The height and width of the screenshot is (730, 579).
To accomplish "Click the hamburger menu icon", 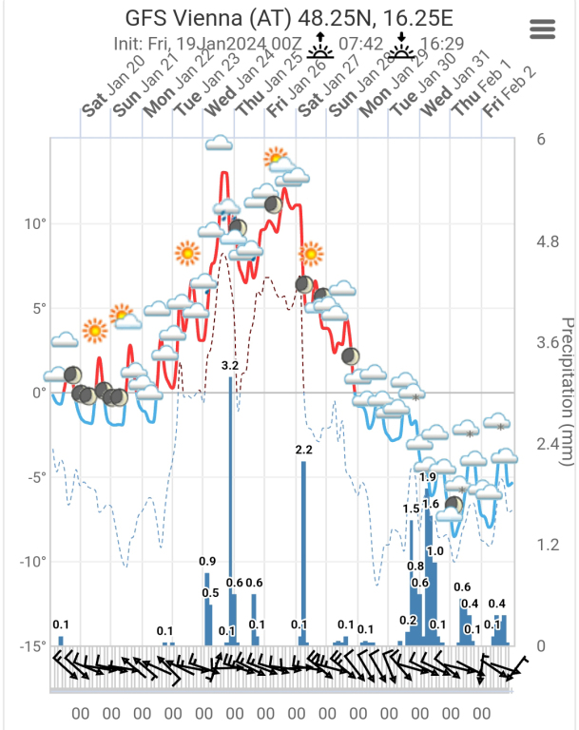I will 542,29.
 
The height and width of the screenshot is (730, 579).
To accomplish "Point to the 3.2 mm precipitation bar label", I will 230,365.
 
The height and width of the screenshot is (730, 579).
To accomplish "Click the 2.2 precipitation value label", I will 304,449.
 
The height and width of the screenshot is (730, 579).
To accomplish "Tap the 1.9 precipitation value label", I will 428,477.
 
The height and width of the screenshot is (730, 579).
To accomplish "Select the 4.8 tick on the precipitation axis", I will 549,241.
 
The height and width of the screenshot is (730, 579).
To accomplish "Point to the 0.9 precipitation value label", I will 208,561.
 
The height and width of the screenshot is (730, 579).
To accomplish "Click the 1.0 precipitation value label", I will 436,551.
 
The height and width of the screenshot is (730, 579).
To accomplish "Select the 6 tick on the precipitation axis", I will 541,140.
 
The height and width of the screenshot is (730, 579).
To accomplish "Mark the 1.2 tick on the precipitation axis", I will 549,545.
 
